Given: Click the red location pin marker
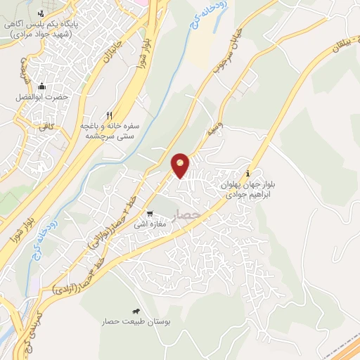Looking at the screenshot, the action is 181,165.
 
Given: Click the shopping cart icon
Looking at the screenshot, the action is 149,214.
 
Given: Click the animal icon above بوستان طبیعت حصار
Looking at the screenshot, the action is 136,310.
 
